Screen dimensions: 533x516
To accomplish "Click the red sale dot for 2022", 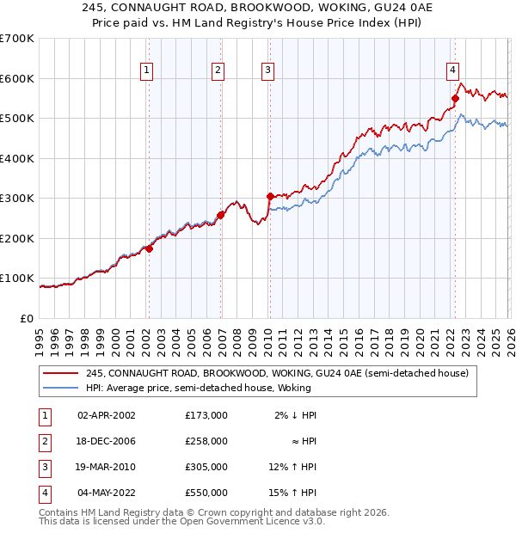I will point(455,98).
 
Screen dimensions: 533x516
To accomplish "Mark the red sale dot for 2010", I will point(270,196).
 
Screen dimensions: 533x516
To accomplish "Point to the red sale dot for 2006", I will point(221,215).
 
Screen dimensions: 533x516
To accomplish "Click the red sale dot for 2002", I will point(149,249).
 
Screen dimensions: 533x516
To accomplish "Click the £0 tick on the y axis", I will point(27,318).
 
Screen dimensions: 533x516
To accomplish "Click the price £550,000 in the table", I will point(206,493).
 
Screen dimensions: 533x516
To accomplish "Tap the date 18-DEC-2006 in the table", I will point(107,441).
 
